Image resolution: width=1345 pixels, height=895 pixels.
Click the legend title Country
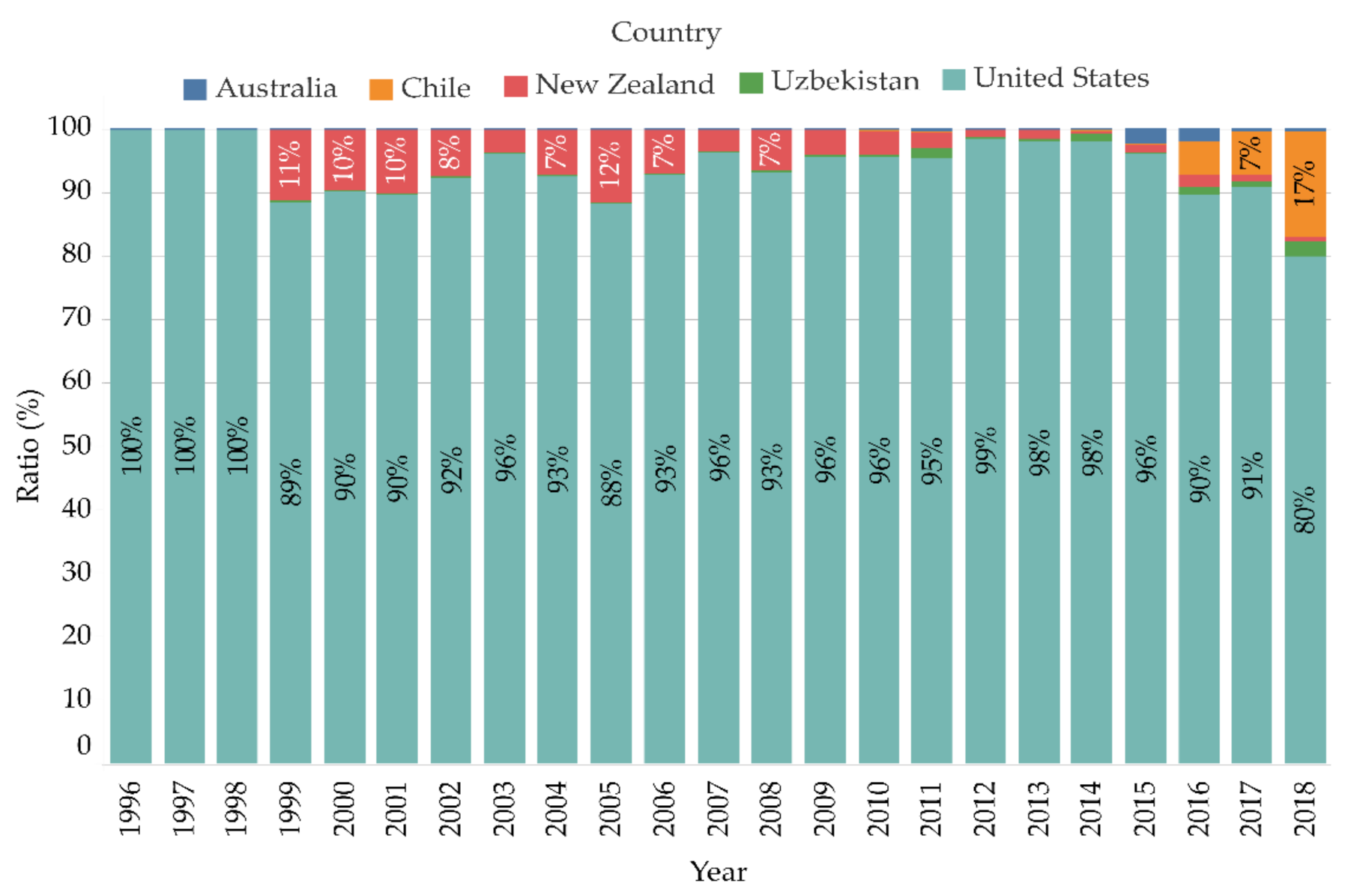(x=665, y=32)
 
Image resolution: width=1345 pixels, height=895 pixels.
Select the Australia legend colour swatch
(x=195, y=89)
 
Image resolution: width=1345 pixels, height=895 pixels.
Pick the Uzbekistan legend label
(x=844, y=81)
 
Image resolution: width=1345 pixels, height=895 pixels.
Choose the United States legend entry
(x=1060, y=78)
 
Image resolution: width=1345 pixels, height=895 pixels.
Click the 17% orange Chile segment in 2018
(x=1305, y=183)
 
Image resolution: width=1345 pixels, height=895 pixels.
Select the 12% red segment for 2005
(x=610, y=166)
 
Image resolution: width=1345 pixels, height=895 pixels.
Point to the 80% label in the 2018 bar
(x=1305, y=510)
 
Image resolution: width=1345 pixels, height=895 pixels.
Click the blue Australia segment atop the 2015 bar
(x=1145, y=136)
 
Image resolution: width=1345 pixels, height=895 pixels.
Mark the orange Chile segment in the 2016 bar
(x=1198, y=158)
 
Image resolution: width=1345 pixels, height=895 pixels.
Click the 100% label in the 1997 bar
(x=184, y=445)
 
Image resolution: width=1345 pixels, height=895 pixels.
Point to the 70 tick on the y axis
(x=76, y=318)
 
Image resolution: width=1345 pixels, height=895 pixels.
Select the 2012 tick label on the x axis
(x=985, y=809)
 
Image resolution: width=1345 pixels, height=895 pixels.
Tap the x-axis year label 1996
(x=130, y=809)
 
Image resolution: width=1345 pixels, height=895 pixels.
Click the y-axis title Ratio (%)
(x=28, y=446)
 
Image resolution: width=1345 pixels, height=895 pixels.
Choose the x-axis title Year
(x=718, y=872)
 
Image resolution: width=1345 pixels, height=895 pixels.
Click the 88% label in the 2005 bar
(x=611, y=483)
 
